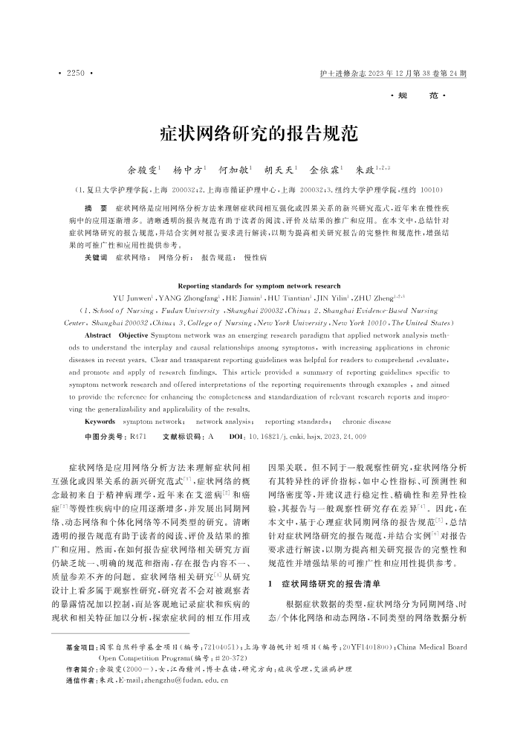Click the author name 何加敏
(x=237, y=170)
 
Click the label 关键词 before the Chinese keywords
(x=97, y=257)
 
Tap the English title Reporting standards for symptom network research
(x=260, y=286)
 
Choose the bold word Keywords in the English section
(x=100, y=421)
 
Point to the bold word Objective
(x=134, y=335)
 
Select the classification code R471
(x=138, y=436)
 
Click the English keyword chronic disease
(x=367, y=421)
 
